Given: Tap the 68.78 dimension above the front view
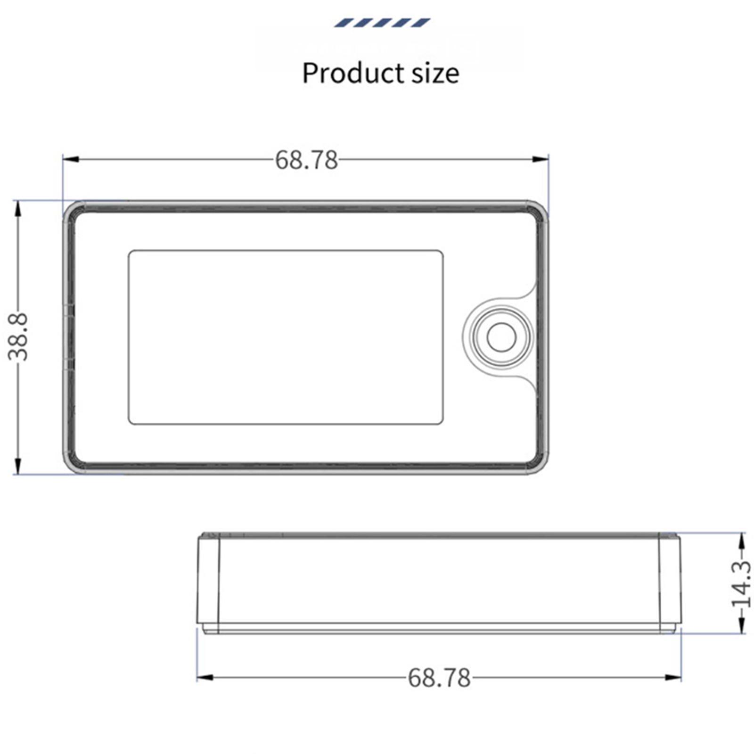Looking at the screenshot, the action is [307, 160].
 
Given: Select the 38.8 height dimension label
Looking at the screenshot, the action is [18, 336].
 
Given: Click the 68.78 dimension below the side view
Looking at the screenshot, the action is [439, 678].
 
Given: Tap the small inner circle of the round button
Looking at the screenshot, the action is [501, 337].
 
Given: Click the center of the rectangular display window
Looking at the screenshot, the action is [286, 337].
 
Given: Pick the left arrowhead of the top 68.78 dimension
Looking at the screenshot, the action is [71, 159].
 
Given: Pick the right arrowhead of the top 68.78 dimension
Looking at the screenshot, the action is [541, 159].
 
